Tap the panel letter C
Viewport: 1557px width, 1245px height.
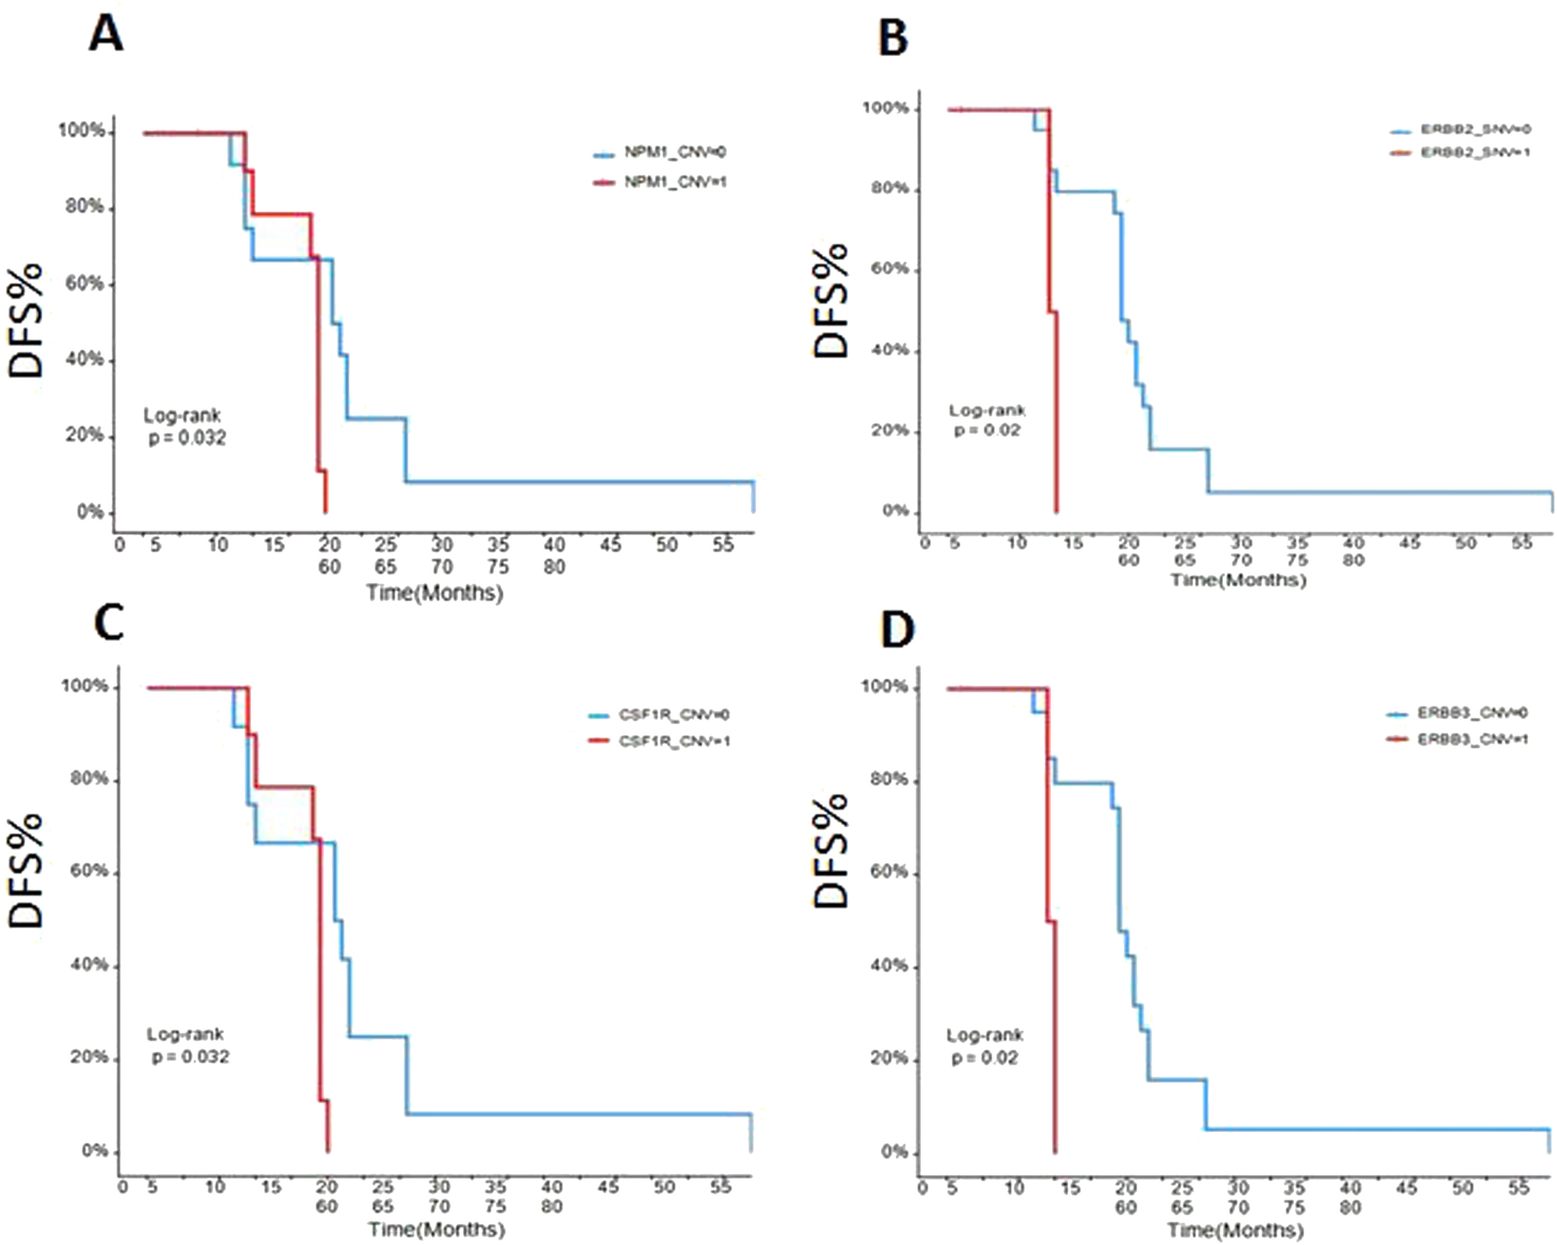108,622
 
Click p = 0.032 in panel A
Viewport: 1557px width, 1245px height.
187,438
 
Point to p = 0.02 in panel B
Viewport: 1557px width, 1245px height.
987,430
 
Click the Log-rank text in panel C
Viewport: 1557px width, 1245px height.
185,1034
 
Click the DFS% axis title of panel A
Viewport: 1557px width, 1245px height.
28,321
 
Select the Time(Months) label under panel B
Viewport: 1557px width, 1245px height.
1238,580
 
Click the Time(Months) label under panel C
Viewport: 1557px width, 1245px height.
436,1229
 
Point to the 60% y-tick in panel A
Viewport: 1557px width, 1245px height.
85,284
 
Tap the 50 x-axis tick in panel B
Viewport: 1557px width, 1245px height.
1465,542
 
